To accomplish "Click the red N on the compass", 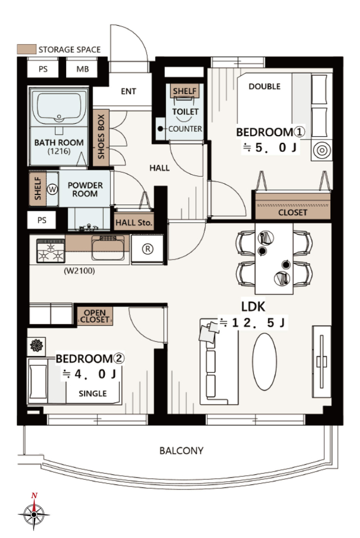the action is [34, 495].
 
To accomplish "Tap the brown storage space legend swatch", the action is [26, 49].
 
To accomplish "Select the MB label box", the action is [82, 69].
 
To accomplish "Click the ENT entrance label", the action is [128, 91].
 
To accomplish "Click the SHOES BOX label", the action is [101, 137].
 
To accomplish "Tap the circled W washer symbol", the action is [52, 189].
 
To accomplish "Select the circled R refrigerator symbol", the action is [147, 249].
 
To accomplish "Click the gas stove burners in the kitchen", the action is [51, 251].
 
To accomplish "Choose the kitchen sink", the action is [108, 248].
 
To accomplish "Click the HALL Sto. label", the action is [133, 222].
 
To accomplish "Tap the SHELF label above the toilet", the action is [184, 91].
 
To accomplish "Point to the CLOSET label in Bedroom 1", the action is [292, 212].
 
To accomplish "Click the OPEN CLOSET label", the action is [95, 316].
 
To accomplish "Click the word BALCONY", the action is [181, 451].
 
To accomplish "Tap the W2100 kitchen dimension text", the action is [79, 271].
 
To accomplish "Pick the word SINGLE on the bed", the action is [93, 393].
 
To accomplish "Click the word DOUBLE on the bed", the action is [264, 86].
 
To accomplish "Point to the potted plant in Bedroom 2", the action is [36, 345].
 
